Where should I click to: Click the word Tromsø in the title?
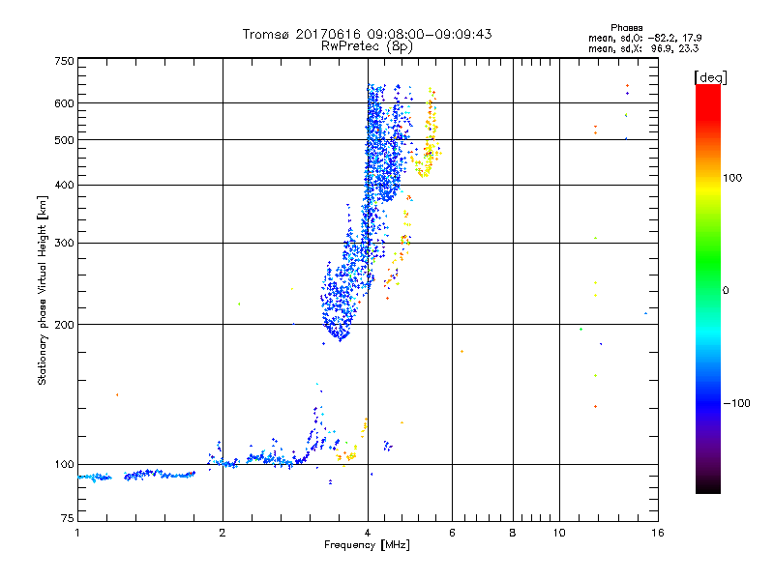tap(265, 34)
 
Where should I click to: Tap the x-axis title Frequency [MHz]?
tap(367, 546)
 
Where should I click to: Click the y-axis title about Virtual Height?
tap(43, 290)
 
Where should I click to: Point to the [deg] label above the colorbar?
tap(711, 76)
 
